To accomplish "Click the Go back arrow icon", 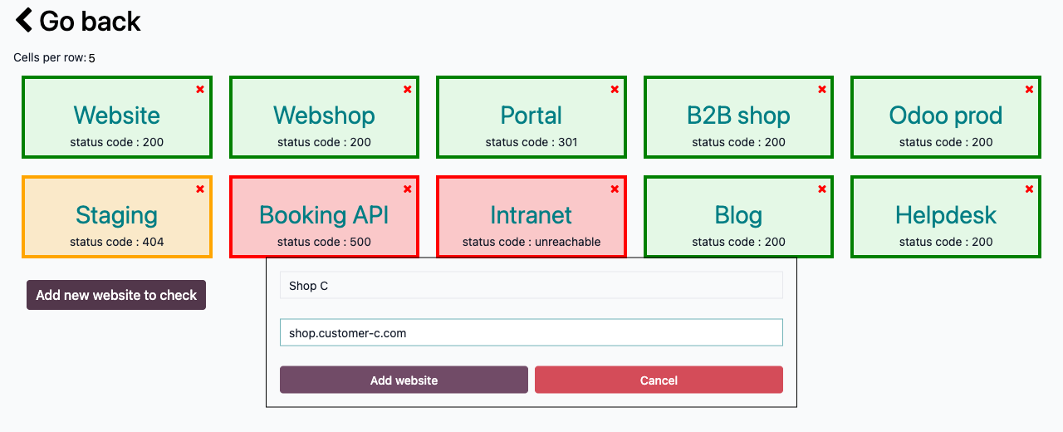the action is (x=24, y=20).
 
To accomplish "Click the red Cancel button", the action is (x=659, y=380).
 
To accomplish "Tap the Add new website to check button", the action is (x=116, y=295).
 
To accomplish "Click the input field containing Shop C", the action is (x=531, y=285).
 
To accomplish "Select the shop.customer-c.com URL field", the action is (x=531, y=332).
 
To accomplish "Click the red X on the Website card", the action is (x=200, y=89).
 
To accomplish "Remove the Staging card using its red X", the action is (x=200, y=189).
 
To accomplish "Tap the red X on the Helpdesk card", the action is (x=1029, y=189).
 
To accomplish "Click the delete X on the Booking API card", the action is (x=407, y=189).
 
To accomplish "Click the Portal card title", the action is (x=531, y=115).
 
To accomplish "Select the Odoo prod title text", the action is (x=946, y=115).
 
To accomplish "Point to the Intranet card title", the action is (x=531, y=215).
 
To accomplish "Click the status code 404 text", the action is (x=117, y=242).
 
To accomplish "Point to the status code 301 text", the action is (x=531, y=142).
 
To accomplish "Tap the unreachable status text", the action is (x=567, y=242).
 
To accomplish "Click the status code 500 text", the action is (x=324, y=242).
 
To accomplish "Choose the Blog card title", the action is (x=738, y=215).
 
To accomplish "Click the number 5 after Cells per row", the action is (x=91, y=58).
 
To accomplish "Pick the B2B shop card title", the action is (x=738, y=115).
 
